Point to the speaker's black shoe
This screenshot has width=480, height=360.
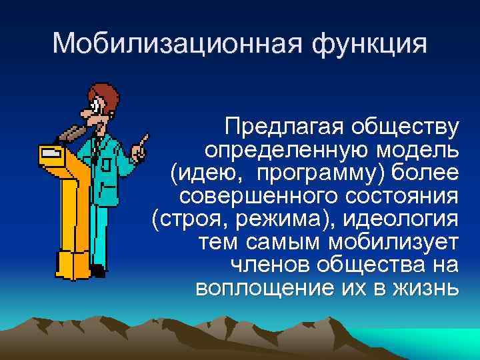[97, 271]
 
